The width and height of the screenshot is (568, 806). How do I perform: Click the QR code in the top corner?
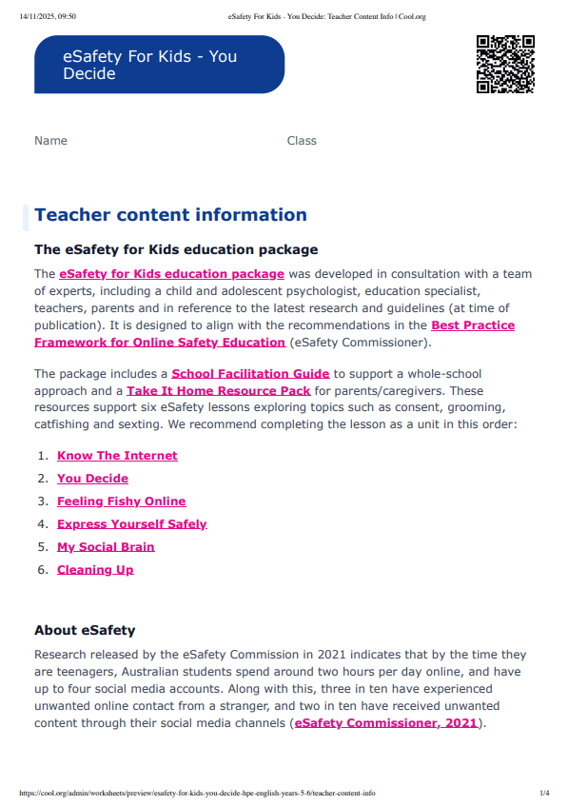505,64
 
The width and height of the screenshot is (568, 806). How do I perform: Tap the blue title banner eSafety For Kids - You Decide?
159,65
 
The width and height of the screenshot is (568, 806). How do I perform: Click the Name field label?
50,141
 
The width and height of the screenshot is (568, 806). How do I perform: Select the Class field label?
302,141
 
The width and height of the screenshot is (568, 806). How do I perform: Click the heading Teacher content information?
170,215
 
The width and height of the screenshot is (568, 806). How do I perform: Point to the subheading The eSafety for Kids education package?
176,250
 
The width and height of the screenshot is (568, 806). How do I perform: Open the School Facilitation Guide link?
250,374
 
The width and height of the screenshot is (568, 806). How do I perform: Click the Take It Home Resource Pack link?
218,391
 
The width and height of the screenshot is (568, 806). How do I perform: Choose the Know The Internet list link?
117,456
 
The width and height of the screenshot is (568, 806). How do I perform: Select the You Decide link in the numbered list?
92,479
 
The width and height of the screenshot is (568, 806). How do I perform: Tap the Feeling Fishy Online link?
121,501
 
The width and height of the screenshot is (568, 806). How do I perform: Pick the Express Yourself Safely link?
131,524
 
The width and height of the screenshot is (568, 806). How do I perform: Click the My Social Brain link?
106,547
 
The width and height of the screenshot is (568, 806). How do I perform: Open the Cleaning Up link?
95,570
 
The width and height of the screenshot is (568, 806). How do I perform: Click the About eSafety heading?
85,630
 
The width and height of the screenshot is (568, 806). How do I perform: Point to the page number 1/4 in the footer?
544,793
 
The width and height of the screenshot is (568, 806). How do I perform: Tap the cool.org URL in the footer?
196,793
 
